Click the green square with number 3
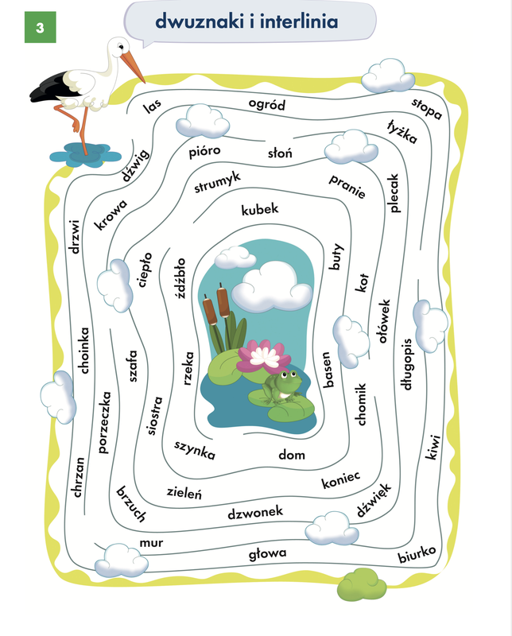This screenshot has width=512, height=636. (x=41, y=27)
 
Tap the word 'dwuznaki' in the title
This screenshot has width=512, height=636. (x=200, y=21)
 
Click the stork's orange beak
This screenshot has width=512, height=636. (x=133, y=66)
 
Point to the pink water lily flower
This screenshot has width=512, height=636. (x=264, y=355)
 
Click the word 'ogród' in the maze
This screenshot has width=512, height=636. (x=267, y=105)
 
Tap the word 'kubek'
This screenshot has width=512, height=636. (x=260, y=209)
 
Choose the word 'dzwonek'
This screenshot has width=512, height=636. (x=255, y=513)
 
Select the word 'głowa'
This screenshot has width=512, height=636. (x=267, y=553)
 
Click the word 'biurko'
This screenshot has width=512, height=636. (x=417, y=554)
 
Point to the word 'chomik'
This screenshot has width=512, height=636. (x=361, y=404)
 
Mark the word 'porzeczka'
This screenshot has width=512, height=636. (x=104, y=422)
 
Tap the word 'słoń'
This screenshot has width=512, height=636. (x=280, y=153)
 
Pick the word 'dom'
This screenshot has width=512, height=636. (x=292, y=455)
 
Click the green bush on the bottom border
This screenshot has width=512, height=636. (x=362, y=584)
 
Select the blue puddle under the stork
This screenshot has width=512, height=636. (x=85, y=155)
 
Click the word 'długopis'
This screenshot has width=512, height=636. (x=407, y=364)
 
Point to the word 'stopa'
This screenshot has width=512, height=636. (x=427, y=108)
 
